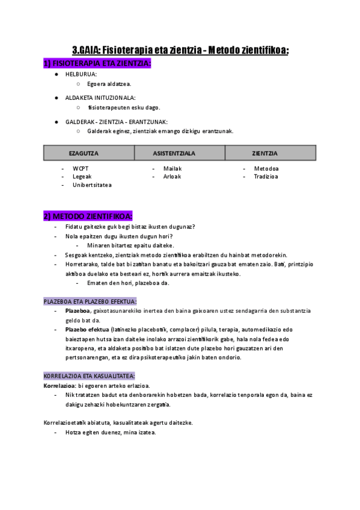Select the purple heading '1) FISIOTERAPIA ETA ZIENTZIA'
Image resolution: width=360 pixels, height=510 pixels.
click(x=97, y=63)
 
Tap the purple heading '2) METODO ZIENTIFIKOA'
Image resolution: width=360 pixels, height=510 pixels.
click(x=88, y=216)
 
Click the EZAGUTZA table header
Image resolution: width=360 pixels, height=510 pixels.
click(x=84, y=153)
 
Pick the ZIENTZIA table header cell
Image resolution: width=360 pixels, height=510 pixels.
click(x=264, y=153)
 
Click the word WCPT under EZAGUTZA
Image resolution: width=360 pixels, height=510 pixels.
click(x=81, y=168)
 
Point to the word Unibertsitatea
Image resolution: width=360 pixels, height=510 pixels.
click(x=92, y=185)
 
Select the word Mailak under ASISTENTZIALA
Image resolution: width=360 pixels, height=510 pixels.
click(x=172, y=168)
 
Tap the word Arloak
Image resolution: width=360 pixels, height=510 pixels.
click(x=172, y=177)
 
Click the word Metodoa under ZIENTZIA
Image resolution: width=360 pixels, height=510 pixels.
click(x=266, y=168)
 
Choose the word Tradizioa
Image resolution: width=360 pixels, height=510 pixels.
click(x=266, y=177)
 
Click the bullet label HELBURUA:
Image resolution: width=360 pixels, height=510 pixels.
click(x=81, y=74)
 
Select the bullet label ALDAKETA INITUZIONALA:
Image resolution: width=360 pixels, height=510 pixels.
click(x=100, y=97)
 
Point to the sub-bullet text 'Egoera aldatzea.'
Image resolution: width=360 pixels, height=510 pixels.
click(x=109, y=84)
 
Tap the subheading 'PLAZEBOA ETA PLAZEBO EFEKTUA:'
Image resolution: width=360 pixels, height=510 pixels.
click(x=90, y=301)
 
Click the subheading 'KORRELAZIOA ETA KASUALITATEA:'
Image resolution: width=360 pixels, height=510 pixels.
click(x=89, y=376)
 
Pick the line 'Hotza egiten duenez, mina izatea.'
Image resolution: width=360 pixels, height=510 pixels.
click(x=111, y=432)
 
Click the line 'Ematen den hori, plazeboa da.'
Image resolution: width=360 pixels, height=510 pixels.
click(x=128, y=283)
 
